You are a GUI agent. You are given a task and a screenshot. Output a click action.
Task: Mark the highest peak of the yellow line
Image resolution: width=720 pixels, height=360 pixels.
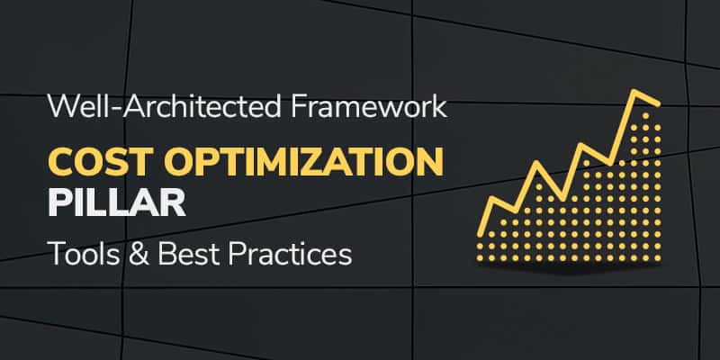coord(637,92)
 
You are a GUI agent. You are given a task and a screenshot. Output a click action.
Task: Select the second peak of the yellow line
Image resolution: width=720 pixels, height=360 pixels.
coord(537,165)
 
